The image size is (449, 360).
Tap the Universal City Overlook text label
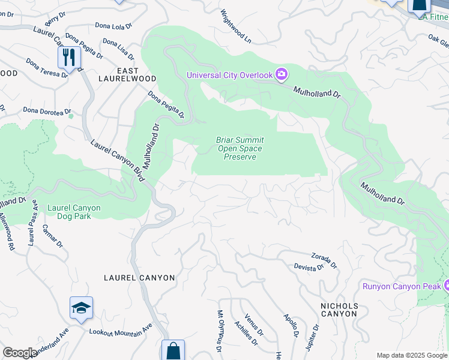(x=230, y=75)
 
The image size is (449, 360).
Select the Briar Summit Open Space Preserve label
(x=240, y=148)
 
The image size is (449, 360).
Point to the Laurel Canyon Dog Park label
(x=74, y=212)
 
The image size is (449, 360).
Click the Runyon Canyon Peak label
(x=401, y=286)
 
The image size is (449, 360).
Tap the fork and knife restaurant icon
(x=70, y=58)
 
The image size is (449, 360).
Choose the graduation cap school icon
(x=81, y=308)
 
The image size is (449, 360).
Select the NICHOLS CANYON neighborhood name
(x=339, y=310)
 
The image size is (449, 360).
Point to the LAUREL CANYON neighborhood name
(x=139, y=278)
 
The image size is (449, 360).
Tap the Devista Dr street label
(x=309, y=268)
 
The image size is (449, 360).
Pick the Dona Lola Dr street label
(x=113, y=26)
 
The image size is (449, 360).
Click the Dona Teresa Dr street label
(x=47, y=68)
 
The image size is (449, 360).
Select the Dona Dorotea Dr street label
(x=47, y=110)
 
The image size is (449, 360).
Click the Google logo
(x=20, y=353)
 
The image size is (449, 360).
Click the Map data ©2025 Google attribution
(x=411, y=355)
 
